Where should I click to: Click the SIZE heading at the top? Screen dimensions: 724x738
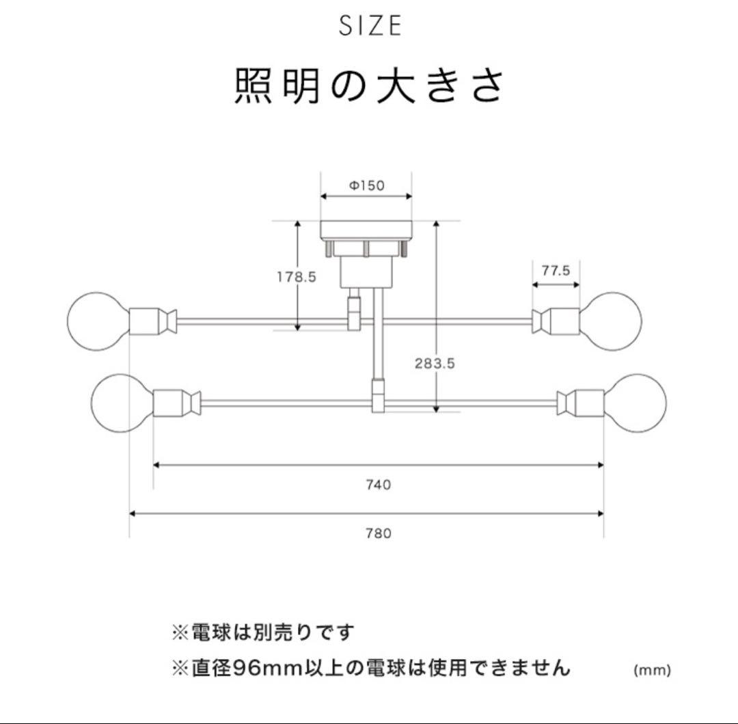click(x=370, y=26)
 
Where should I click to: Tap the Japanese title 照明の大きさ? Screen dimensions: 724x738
click(x=370, y=86)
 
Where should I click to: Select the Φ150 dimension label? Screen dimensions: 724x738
click(x=367, y=185)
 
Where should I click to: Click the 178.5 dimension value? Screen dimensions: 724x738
click(x=296, y=277)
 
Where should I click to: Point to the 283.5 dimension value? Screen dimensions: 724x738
click(x=435, y=364)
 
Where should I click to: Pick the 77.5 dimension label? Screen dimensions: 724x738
click(x=556, y=270)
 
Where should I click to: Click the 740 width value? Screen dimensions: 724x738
click(x=378, y=485)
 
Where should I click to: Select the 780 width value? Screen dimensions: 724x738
click(x=378, y=533)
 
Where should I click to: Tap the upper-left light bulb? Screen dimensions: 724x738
click(x=97, y=321)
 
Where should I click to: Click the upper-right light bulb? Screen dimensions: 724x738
click(x=612, y=321)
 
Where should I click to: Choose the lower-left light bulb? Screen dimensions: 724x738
click(x=121, y=403)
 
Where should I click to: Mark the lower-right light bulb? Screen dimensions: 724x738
click(x=637, y=403)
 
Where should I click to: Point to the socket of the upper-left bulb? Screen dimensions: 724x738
click(x=145, y=321)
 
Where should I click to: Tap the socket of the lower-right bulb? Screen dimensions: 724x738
click(x=589, y=403)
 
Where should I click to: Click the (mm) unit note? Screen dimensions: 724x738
click(x=652, y=670)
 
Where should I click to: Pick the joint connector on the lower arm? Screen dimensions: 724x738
click(x=378, y=397)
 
